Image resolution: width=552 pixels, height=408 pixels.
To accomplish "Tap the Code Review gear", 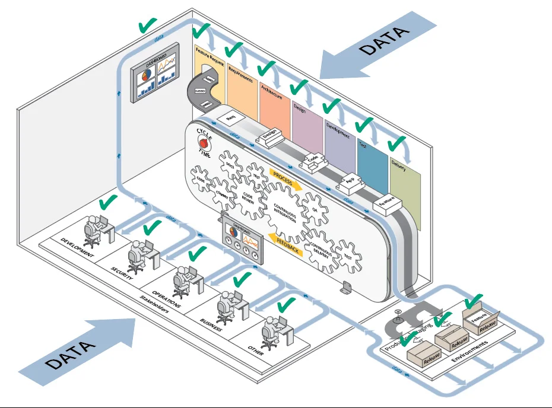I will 249,198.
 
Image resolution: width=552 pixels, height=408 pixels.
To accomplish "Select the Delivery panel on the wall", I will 405,187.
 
